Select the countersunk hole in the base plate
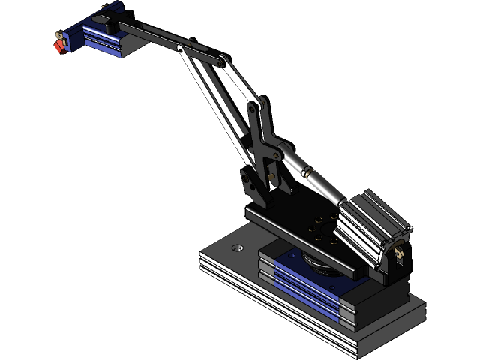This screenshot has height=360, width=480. pos(238,247)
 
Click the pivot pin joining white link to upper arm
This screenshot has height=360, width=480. pos(181,49)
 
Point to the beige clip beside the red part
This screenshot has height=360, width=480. pos(58,34)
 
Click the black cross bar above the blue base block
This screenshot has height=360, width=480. pos(300,241)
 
